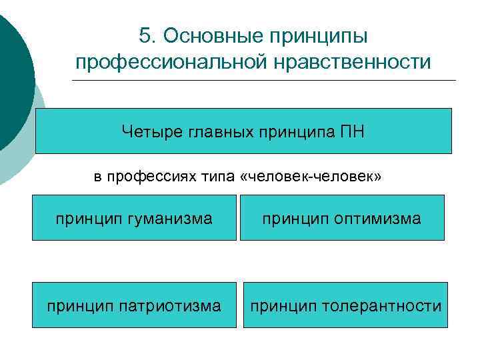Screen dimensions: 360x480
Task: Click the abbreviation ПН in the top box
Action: [x=352, y=131]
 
